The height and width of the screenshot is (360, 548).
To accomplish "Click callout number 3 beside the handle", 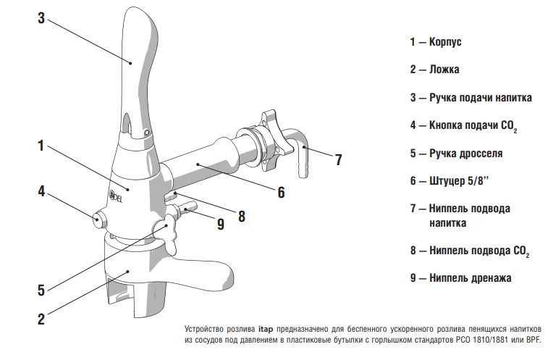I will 41,19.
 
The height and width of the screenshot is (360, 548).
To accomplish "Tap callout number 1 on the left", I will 42,146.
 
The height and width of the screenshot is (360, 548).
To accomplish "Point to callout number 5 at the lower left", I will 41,290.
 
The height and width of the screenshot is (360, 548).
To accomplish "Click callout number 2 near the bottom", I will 41,317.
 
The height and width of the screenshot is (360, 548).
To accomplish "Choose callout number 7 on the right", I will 338,160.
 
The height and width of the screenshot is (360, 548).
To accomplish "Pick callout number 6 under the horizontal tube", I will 281,192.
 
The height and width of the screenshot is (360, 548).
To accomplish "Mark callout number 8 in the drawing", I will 242,215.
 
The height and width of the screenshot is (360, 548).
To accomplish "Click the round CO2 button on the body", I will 100,219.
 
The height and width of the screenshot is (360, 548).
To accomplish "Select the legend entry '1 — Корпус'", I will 435,42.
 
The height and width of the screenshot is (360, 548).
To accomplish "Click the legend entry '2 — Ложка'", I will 434,70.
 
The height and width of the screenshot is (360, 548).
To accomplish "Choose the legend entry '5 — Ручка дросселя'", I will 455,154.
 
